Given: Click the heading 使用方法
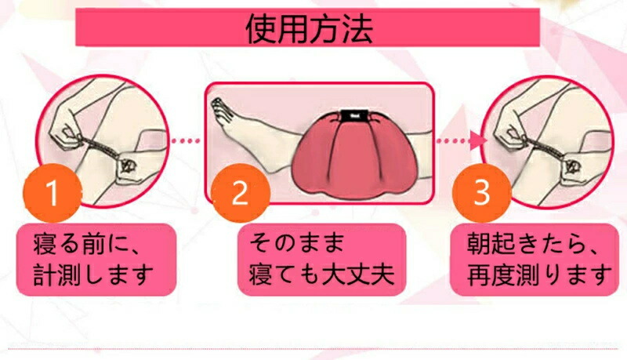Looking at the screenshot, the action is point(310,29).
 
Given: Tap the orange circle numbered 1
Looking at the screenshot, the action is point(53,193).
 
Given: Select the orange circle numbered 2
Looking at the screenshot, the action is point(241,193).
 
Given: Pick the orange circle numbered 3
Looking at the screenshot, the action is point(481,193).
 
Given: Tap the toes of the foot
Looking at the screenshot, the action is point(219,110).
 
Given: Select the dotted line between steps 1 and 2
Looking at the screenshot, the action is point(186,141).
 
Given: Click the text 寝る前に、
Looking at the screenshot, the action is point(86,244).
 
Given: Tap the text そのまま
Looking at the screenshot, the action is point(296,243).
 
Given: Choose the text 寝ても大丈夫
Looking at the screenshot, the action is point(321,274).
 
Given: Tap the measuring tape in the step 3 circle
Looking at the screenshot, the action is point(545,150).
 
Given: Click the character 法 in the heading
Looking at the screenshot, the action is point(358,29).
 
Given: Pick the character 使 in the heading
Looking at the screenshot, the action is point(262,29).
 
